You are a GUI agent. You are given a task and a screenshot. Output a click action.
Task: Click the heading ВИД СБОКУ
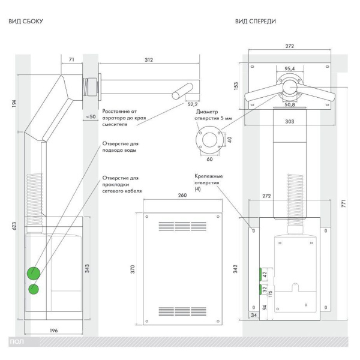[x=25, y=22]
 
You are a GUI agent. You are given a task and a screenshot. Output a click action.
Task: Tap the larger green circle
[x=35, y=273]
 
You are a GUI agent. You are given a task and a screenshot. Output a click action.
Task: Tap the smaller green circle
[x=34, y=290]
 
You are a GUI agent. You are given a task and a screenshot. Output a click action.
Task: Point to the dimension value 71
[x=71, y=59]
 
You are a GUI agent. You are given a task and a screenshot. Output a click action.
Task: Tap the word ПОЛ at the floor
[x=16, y=341]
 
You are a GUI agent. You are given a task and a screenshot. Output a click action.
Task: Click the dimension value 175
[x=271, y=294]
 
